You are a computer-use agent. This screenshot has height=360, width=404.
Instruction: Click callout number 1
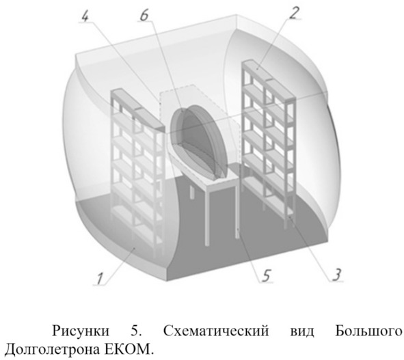point(100,279)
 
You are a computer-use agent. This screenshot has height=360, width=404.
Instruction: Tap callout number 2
point(294,12)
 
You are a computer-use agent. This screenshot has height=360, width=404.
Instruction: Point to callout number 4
point(85,16)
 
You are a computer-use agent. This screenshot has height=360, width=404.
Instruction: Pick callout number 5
point(266,275)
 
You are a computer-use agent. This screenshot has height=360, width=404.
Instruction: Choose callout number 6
point(144,16)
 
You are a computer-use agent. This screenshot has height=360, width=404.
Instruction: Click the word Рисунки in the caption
point(81,331)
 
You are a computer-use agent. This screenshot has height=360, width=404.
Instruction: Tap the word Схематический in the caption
point(216,331)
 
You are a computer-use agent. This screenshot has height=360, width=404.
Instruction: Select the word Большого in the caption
point(368,331)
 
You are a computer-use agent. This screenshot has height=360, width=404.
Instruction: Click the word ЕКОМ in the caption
point(127,350)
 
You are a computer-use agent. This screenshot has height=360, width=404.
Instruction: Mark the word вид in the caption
point(302,331)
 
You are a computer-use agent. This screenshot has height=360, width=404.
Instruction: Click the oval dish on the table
point(198,141)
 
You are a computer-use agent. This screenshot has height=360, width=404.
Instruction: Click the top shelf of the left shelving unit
point(138,109)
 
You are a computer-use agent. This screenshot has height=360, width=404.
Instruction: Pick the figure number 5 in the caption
point(135,331)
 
